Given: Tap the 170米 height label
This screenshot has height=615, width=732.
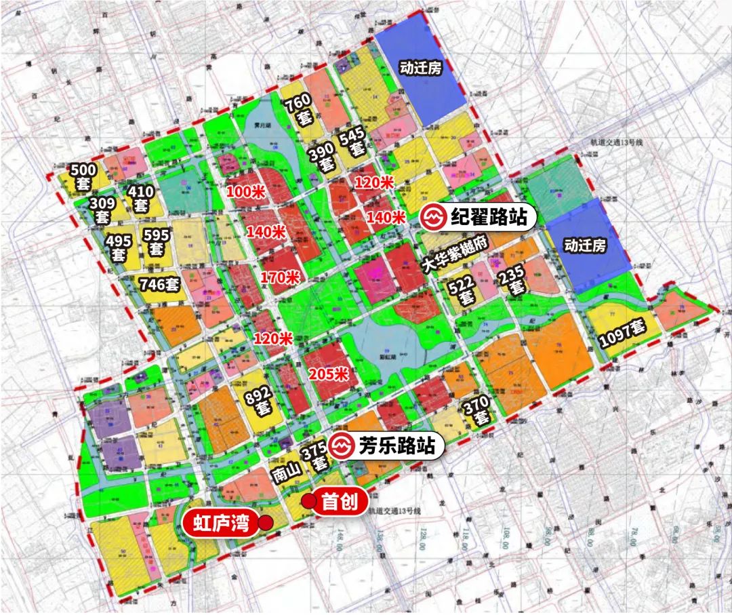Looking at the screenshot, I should coord(280,277).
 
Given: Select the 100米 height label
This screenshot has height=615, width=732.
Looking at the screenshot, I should coord(245,192).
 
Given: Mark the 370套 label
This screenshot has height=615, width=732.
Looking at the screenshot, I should coord(476,411).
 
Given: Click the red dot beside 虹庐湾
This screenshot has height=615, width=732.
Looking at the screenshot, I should coord(266,523).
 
